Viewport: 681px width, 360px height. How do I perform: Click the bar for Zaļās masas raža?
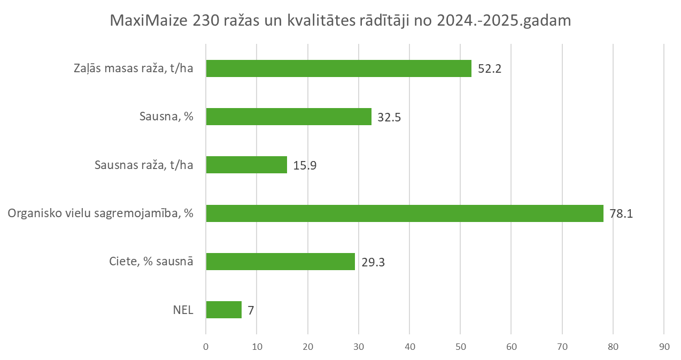pyautogui.click(x=338, y=68)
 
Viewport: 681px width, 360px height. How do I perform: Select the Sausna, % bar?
pyautogui.click(x=289, y=117)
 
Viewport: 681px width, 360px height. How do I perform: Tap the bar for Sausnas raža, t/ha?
pyautogui.click(x=246, y=165)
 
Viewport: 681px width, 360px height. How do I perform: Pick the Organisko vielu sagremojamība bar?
pyautogui.click(x=405, y=213)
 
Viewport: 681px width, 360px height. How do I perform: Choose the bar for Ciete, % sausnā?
pyautogui.click(x=280, y=262)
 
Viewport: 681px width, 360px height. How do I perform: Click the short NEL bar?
pyautogui.click(x=223, y=310)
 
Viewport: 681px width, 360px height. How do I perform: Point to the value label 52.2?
pyautogui.click(x=489, y=69)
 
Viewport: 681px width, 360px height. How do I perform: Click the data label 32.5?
pyautogui.click(x=389, y=117)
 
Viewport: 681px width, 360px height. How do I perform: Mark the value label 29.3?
pyautogui.click(x=373, y=262)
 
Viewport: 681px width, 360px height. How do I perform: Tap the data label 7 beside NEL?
pyautogui.click(x=251, y=310)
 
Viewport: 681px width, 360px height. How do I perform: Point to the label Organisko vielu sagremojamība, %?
pyautogui.click(x=100, y=214)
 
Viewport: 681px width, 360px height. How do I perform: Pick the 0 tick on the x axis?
pyautogui.click(x=206, y=346)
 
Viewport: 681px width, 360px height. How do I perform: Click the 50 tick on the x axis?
pyautogui.click(x=460, y=346)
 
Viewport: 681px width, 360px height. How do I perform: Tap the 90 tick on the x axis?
pyautogui.click(x=663, y=346)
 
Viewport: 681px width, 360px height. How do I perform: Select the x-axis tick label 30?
pyautogui.click(x=358, y=346)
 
